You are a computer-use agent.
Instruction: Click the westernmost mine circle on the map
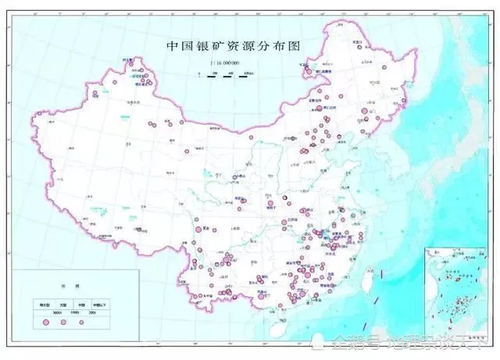[x=94, y=94]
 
